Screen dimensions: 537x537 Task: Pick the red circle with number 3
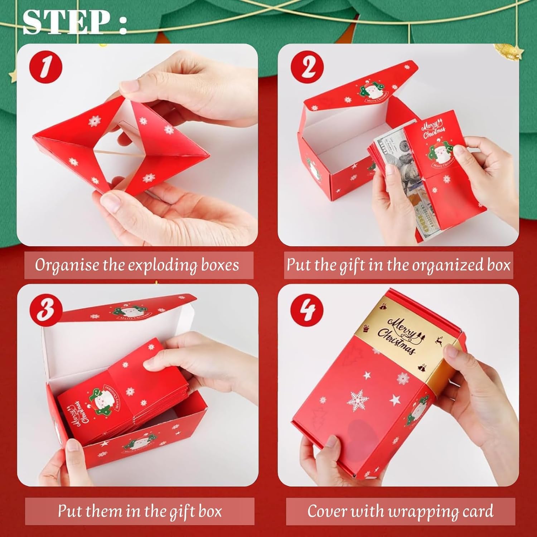[46, 308]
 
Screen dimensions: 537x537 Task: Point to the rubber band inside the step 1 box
[118, 153]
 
